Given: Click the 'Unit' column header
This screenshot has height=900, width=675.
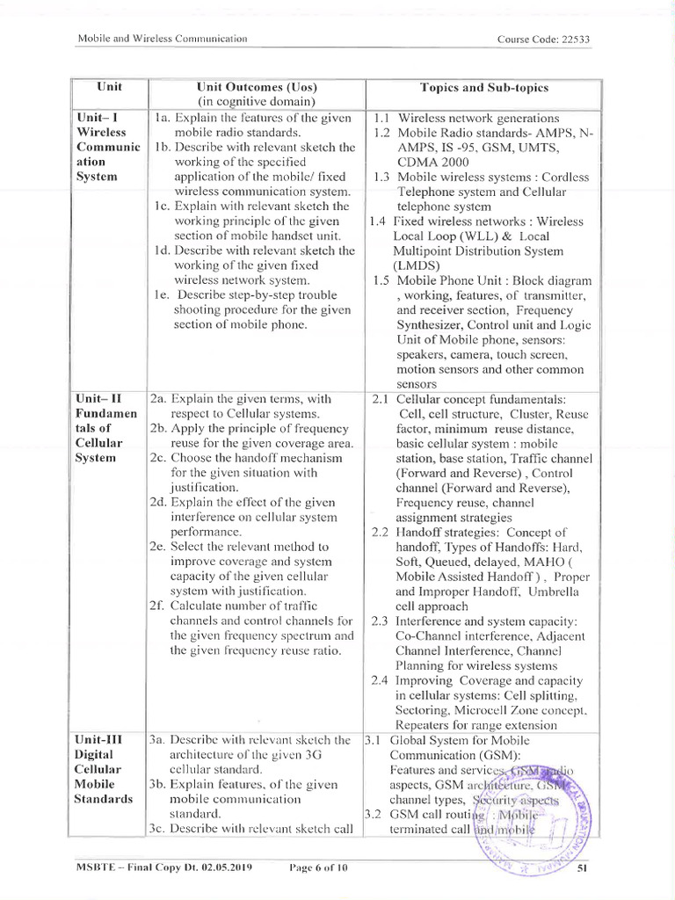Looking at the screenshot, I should coord(110,88).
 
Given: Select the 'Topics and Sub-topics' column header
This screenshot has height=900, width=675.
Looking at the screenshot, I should coord(483,88).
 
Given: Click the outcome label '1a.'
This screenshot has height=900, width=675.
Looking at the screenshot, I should coord(162,118).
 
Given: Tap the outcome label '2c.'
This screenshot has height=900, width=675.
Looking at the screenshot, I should coord(158,458).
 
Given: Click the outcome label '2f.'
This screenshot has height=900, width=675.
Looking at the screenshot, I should coord(158,606).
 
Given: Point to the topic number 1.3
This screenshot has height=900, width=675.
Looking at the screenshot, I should coord(381,177).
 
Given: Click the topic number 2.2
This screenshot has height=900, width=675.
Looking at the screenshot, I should coord(380,533).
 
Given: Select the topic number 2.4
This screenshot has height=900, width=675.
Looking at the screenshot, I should coord(380,680).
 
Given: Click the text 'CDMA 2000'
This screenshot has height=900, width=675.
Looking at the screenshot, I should coord(433,162).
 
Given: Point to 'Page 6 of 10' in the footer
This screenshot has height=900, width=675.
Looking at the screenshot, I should coord(318,868).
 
